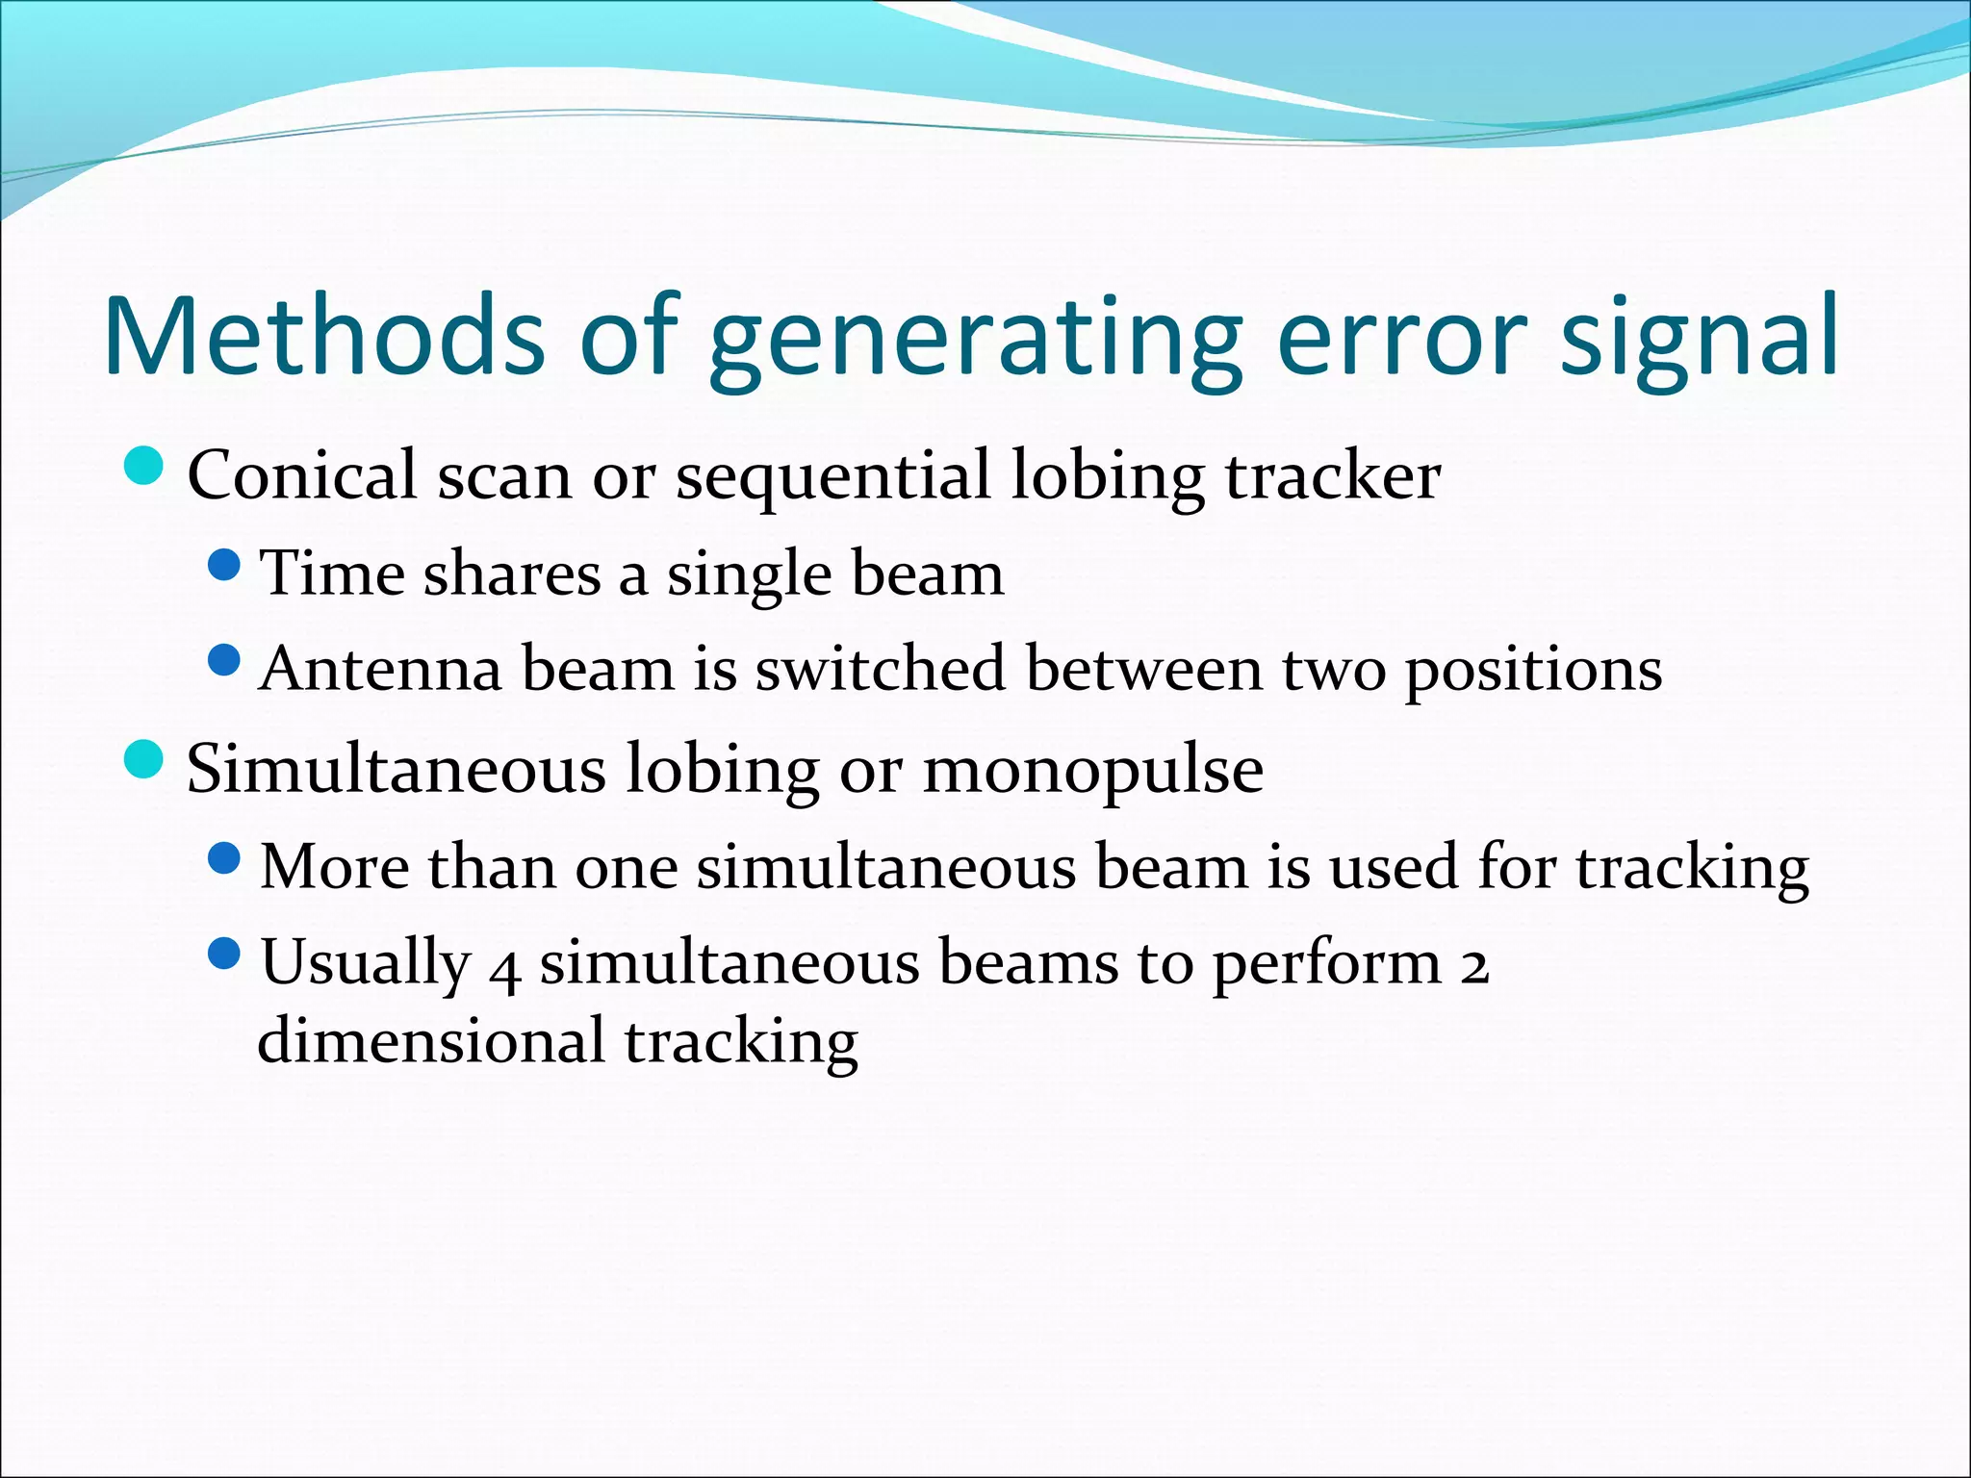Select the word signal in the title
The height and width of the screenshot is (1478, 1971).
pos(1700,337)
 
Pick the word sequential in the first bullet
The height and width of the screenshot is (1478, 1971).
pos(832,477)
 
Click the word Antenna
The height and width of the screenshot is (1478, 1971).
pos(381,668)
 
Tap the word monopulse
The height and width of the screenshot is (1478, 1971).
pos(1093,770)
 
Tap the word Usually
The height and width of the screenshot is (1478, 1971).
pos(365,962)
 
